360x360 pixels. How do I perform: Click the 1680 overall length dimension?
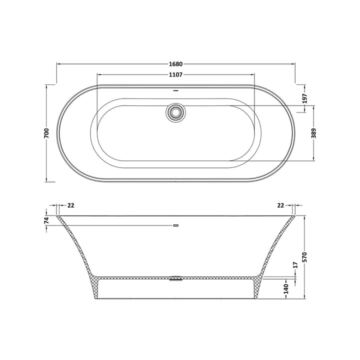[x=175, y=64]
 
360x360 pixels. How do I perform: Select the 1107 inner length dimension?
[x=175, y=74]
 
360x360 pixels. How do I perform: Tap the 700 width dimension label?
[x=46, y=133]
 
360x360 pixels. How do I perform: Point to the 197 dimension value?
[x=305, y=99]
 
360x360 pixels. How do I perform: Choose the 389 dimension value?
[x=313, y=133]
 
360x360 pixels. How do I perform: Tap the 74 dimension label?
[x=46, y=220]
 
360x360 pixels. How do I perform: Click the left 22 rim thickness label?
[x=70, y=205]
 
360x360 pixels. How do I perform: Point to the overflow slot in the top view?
[x=175, y=91]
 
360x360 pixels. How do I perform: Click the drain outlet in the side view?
[x=175, y=278]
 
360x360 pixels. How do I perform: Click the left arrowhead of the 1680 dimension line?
[x=58, y=64]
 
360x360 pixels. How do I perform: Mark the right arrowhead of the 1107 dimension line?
[x=254, y=74]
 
